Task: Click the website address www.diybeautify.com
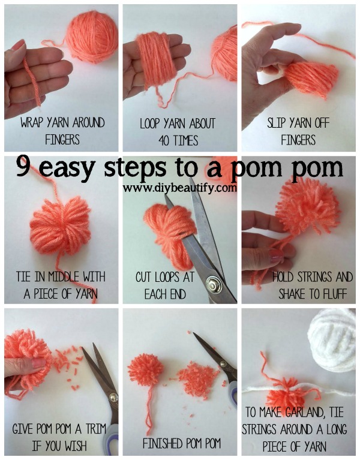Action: pos(179,188)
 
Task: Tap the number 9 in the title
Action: pos(22,166)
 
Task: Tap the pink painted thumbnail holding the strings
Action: pos(276,255)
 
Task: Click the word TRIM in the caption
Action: pos(94,429)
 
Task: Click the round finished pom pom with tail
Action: pos(146,371)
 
